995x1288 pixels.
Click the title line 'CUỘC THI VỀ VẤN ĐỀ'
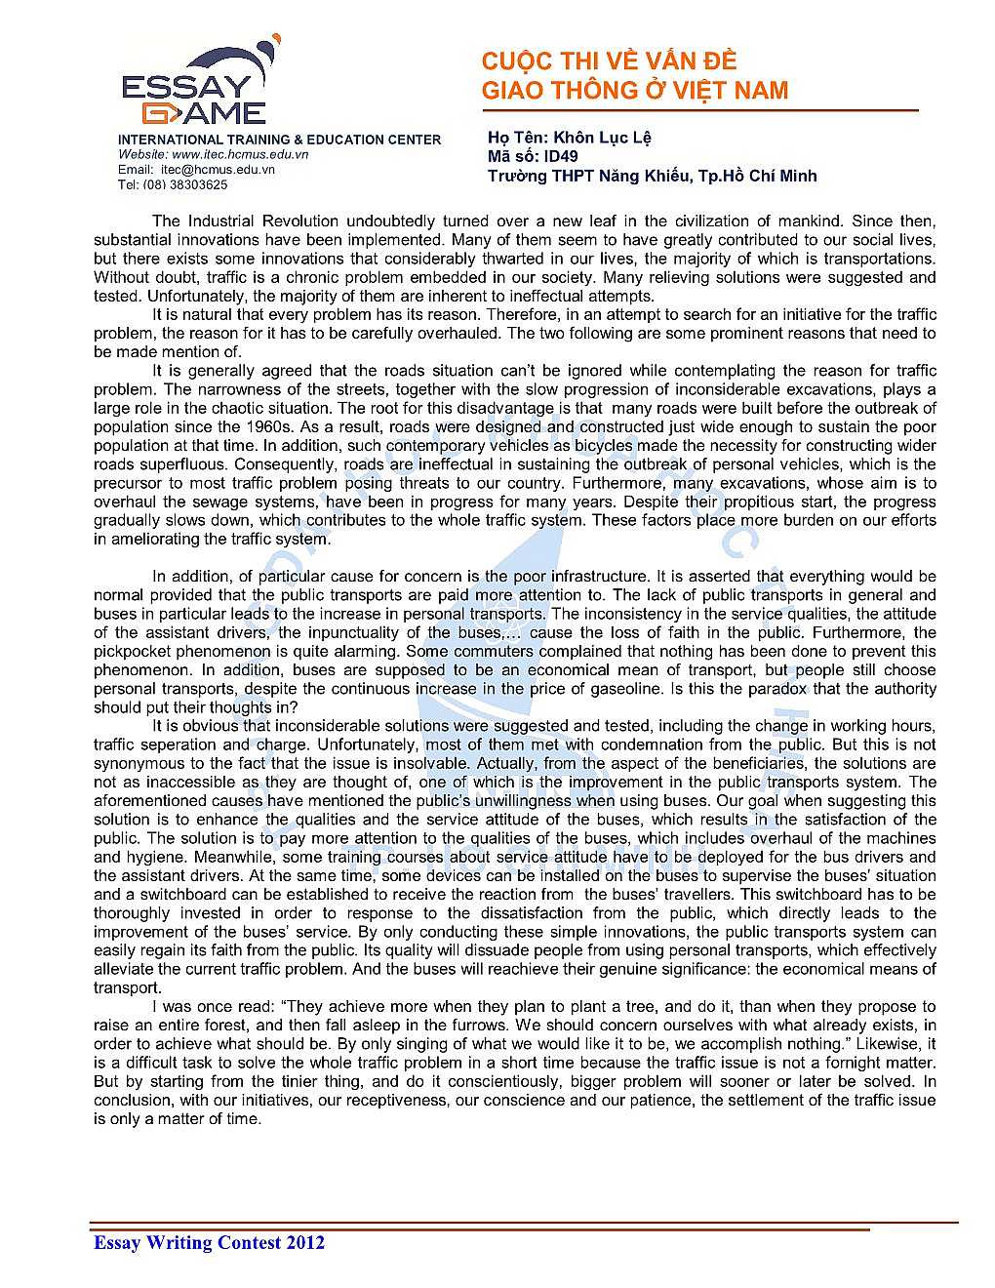[x=609, y=61]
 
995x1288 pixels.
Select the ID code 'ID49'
[x=560, y=156]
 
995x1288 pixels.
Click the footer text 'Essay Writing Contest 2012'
[x=209, y=1242]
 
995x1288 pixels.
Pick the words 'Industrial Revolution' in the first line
[x=261, y=221]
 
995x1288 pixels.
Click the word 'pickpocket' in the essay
[x=136, y=651]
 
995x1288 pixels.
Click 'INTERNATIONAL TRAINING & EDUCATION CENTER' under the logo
[x=280, y=140]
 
